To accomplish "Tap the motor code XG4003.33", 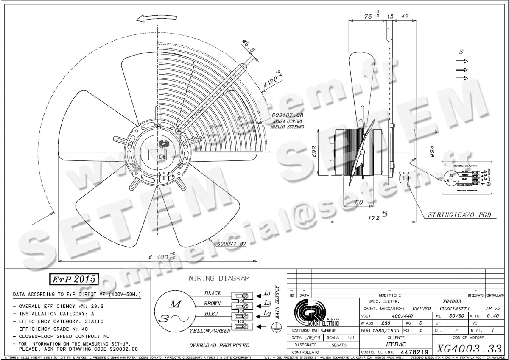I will [x=468, y=349].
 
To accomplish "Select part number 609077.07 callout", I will [x=232, y=244].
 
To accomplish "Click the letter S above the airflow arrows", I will [x=461, y=51].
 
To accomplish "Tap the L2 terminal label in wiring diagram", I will [x=267, y=303].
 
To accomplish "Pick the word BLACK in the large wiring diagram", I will [x=213, y=293].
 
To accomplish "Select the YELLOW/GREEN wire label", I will [x=210, y=331].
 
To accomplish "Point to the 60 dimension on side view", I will [x=359, y=202].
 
